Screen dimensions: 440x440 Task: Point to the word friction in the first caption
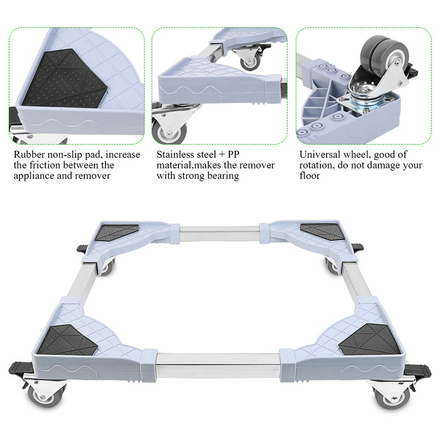coord(49,165)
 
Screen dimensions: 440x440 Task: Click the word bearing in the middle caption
coord(221,176)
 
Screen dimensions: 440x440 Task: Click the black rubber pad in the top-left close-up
coord(64,79)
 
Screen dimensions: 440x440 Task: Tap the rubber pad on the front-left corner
coord(66,340)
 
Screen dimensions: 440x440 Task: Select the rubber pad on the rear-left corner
coord(117,233)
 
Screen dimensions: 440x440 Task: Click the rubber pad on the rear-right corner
coord(322,231)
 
